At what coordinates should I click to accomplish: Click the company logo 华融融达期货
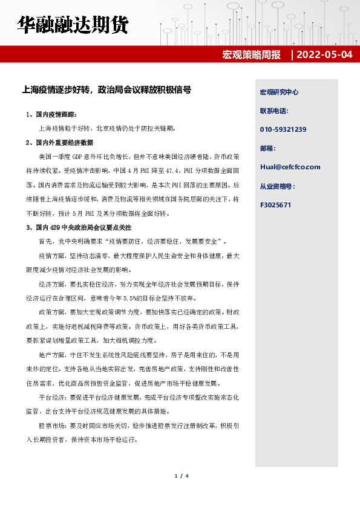(x=73, y=26)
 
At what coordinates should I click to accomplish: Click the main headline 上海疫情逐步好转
(x=106, y=90)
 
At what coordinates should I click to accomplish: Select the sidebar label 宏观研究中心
(x=279, y=92)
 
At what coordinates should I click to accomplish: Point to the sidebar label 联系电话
(x=274, y=111)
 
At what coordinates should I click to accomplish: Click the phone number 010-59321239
(x=283, y=129)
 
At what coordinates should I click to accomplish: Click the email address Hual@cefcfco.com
(x=290, y=167)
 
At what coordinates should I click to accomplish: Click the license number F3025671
(x=275, y=204)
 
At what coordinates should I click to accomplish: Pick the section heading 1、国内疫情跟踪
(x=52, y=114)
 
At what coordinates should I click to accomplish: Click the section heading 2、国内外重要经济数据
(x=60, y=143)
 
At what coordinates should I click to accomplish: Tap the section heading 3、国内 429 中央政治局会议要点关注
(x=79, y=227)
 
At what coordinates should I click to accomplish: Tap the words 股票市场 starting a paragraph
(x=51, y=425)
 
